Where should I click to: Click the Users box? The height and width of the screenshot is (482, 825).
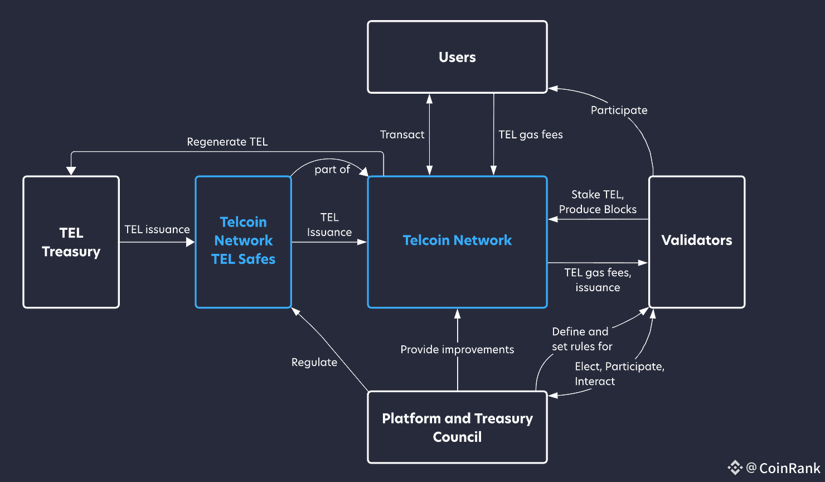(457, 57)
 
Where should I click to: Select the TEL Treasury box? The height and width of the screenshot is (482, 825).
(71, 242)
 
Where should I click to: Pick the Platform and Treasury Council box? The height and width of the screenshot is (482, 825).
(457, 427)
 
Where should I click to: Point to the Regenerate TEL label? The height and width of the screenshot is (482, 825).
(227, 142)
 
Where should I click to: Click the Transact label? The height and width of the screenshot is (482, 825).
(402, 134)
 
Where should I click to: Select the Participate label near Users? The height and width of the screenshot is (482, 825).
(619, 110)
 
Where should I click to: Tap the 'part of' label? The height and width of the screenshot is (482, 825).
(332, 170)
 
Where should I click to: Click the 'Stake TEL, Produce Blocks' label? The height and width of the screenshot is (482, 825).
(598, 202)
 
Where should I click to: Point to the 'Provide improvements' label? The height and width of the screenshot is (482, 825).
(457, 350)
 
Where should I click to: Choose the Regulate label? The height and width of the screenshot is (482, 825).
(314, 363)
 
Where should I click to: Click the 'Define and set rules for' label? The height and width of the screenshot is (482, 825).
(581, 339)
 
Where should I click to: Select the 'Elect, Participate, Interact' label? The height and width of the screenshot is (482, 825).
(619, 374)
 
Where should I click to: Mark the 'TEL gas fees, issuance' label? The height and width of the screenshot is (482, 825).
(598, 280)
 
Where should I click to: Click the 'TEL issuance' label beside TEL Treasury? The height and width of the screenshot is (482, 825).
(157, 229)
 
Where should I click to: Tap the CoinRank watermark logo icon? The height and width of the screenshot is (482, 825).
(735, 467)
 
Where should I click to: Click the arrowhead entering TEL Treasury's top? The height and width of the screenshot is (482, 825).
(71, 171)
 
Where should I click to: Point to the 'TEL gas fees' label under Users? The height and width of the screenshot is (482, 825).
(531, 134)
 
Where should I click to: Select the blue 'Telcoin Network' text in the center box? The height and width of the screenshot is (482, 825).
(457, 240)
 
